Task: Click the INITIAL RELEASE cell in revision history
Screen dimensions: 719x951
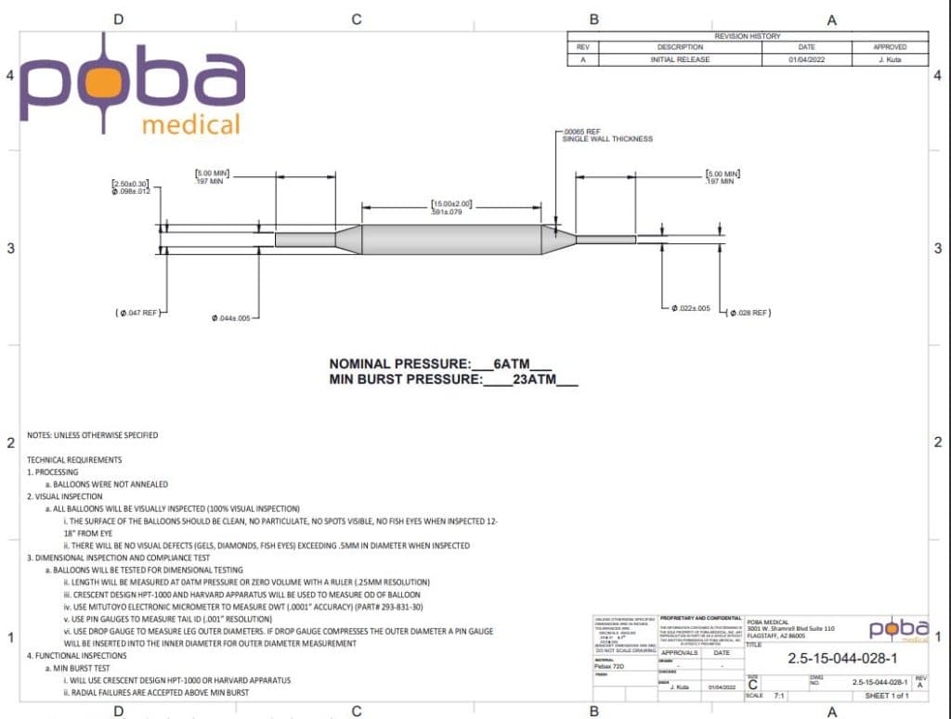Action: pos(680,59)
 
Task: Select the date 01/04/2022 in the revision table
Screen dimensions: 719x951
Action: pos(806,59)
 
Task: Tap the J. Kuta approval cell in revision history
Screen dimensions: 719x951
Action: pos(889,59)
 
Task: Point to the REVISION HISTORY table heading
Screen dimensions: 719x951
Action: pos(748,35)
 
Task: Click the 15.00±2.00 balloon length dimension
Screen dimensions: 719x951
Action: pos(452,207)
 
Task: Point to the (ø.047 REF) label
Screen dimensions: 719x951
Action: pos(138,313)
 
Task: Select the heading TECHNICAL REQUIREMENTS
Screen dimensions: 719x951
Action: pos(74,459)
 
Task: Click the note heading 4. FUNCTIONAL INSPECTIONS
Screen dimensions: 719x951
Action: pos(77,656)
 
